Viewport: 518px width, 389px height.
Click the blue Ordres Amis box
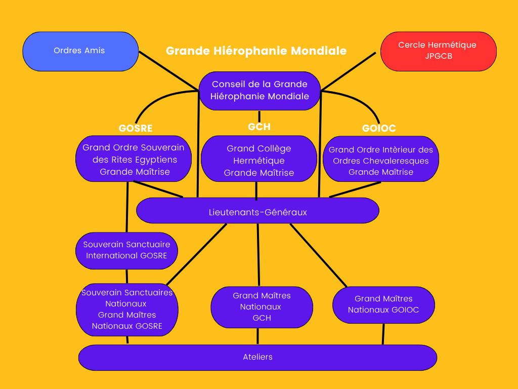(x=80, y=51)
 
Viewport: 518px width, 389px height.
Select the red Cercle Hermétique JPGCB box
(x=438, y=51)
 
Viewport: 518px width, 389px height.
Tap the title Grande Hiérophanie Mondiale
(x=256, y=51)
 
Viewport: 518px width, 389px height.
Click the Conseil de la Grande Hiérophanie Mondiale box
(x=260, y=91)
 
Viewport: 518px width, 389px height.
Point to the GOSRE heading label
(x=136, y=128)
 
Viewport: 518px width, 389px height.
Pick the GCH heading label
(x=259, y=127)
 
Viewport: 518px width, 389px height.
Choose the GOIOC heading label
(x=379, y=128)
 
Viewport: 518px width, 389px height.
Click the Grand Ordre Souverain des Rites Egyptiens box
(x=134, y=160)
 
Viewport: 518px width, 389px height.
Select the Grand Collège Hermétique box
(x=259, y=161)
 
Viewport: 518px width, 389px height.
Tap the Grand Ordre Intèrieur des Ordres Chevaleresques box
(x=381, y=161)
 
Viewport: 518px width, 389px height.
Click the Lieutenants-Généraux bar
(x=257, y=211)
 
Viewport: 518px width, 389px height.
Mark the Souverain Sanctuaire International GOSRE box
(x=126, y=250)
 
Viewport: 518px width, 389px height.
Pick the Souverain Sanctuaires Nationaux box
(x=127, y=309)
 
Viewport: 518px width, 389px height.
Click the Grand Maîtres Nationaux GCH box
(x=262, y=307)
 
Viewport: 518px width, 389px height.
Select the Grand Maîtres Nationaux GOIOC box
(x=383, y=304)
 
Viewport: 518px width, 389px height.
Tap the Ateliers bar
(x=257, y=357)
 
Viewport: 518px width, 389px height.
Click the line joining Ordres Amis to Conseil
(x=168, y=70)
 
